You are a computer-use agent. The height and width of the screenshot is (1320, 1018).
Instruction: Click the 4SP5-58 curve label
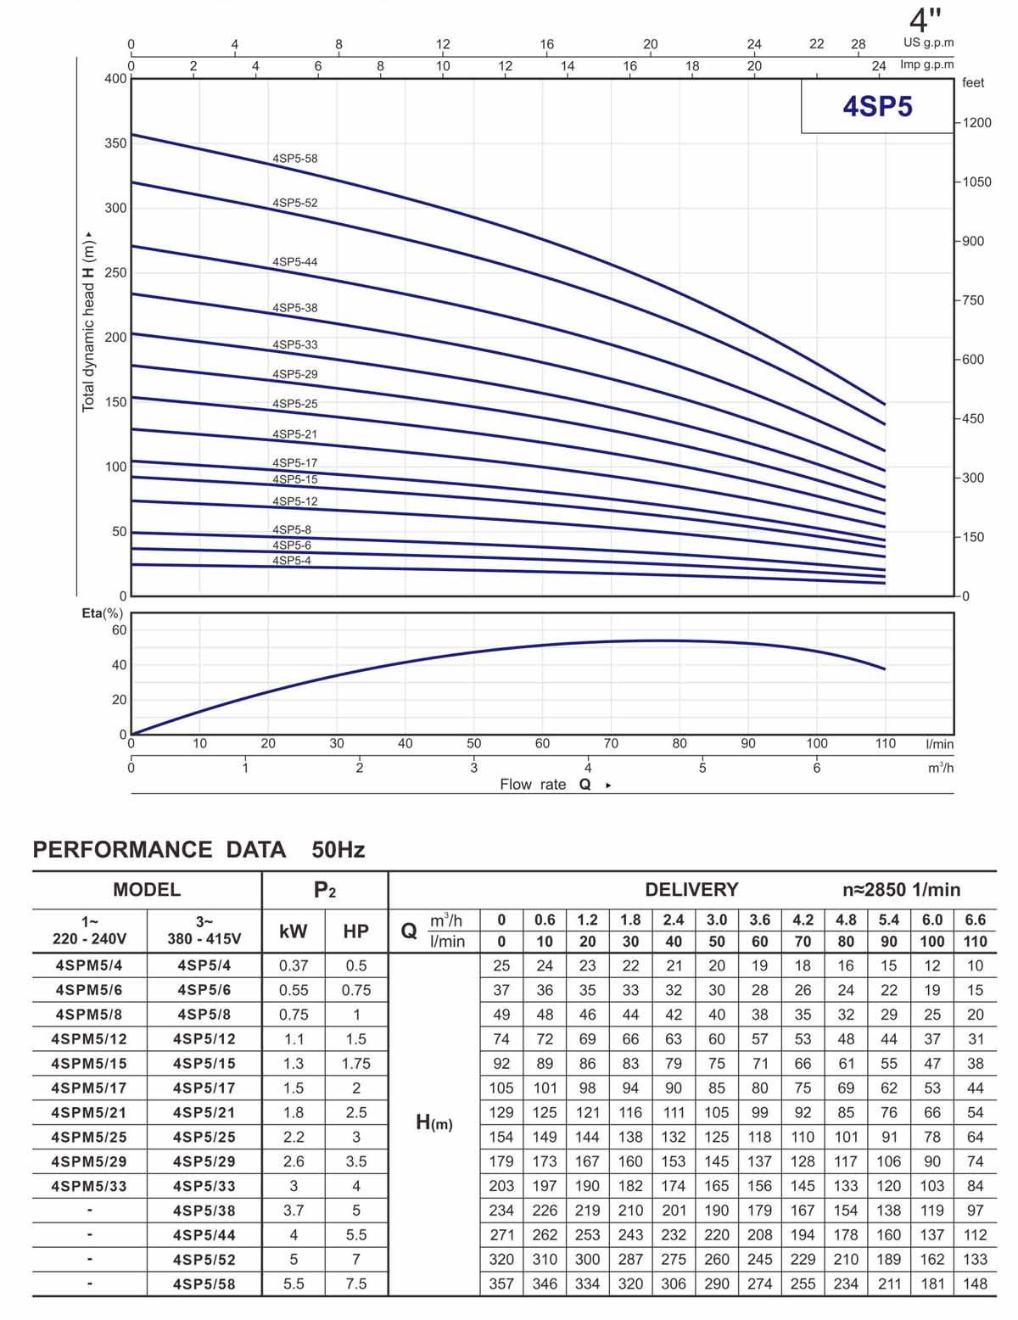click(x=295, y=159)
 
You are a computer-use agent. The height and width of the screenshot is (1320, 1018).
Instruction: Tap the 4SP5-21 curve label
click(x=295, y=434)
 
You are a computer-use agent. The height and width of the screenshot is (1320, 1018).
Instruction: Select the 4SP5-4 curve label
click(x=292, y=561)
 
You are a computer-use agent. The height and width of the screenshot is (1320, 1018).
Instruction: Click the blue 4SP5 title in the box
click(x=877, y=107)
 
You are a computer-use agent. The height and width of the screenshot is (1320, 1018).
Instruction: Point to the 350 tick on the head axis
click(x=116, y=143)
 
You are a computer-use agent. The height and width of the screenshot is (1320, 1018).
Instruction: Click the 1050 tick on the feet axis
click(x=976, y=182)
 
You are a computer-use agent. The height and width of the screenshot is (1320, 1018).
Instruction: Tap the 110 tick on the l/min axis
click(x=885, y=744)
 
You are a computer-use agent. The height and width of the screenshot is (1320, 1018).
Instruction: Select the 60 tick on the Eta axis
click(x=120, y=630)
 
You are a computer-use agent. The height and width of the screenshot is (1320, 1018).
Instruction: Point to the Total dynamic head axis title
click(x=88, y=322)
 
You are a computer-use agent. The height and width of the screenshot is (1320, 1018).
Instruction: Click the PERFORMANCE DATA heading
click(x=159, y=850)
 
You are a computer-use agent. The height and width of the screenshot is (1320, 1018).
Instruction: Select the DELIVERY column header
click(x=691, y=890)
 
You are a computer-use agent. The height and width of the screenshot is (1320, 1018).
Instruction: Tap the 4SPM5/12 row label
click(x=89, y=1039)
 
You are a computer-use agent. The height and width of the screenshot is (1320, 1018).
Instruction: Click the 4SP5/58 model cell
click(x=204, y=1284)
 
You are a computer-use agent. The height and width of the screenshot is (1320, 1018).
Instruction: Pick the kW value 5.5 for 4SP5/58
click(x=294, y=1284)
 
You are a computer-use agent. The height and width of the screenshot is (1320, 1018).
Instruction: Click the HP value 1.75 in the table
click(x=356, y=1064)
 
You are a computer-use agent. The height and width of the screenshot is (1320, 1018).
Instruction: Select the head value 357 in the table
click(x=501, y=1284)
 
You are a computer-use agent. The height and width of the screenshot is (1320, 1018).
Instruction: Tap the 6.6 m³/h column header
click(x=976, y=920)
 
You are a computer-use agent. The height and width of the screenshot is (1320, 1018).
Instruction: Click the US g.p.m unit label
click(x=928, y=43)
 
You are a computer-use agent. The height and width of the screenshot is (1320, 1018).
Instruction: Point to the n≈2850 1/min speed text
click(x=901, y=890)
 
